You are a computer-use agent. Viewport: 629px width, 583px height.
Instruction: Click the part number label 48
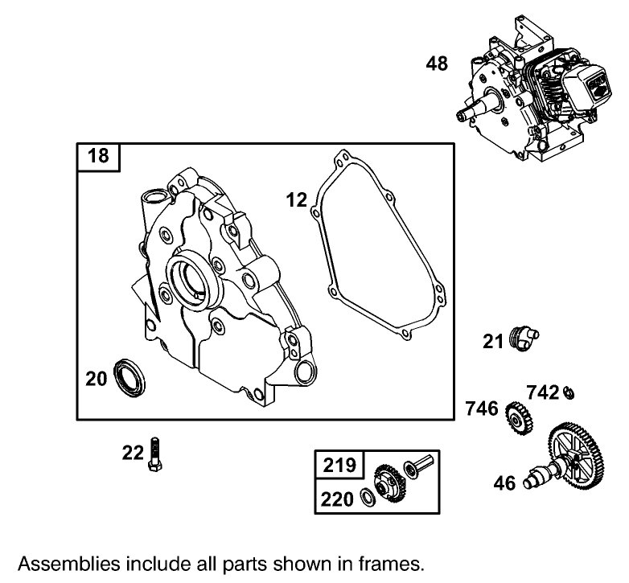[437, 64]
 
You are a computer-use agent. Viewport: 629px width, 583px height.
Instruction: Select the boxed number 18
[98, 156]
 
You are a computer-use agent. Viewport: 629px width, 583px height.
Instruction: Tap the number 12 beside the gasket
[296, 199]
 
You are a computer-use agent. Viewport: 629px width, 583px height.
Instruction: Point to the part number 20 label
[97, 378]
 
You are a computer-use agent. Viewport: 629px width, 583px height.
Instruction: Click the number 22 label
[133, 454]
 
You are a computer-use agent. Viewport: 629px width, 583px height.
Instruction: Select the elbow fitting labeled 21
[524, 339]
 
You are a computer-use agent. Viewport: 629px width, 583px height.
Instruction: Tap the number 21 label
[493, 342]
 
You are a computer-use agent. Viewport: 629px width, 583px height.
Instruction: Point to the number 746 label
[483, 409]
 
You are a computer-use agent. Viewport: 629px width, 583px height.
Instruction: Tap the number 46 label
[504, 483]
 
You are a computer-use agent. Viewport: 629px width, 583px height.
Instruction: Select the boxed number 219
[339, 465]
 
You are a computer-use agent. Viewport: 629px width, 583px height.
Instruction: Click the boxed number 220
[338, 499]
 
